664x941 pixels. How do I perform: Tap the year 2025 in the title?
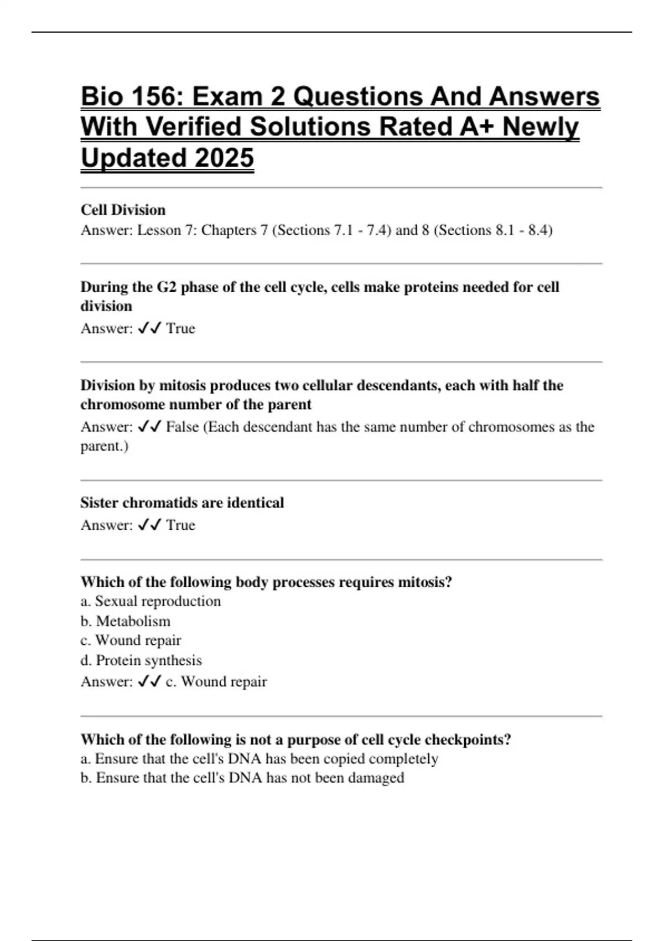(x=224, y=158)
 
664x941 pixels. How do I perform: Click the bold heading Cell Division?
(x=123, y=210)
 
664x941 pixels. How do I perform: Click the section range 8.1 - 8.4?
(x=520, y=230)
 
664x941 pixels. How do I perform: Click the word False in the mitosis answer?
(x=182, y=427)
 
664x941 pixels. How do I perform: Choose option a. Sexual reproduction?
(x=151, y=601)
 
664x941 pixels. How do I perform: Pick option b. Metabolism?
(x=126, y=621)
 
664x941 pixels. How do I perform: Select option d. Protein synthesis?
(x=141, y=660)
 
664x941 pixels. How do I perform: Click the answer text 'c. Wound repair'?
(x=216, y=681)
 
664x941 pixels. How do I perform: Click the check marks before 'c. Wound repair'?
(x=149, y=681)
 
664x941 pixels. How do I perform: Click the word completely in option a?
(x=403, y=759)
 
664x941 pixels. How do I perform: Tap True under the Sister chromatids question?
(x=180, y=525)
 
